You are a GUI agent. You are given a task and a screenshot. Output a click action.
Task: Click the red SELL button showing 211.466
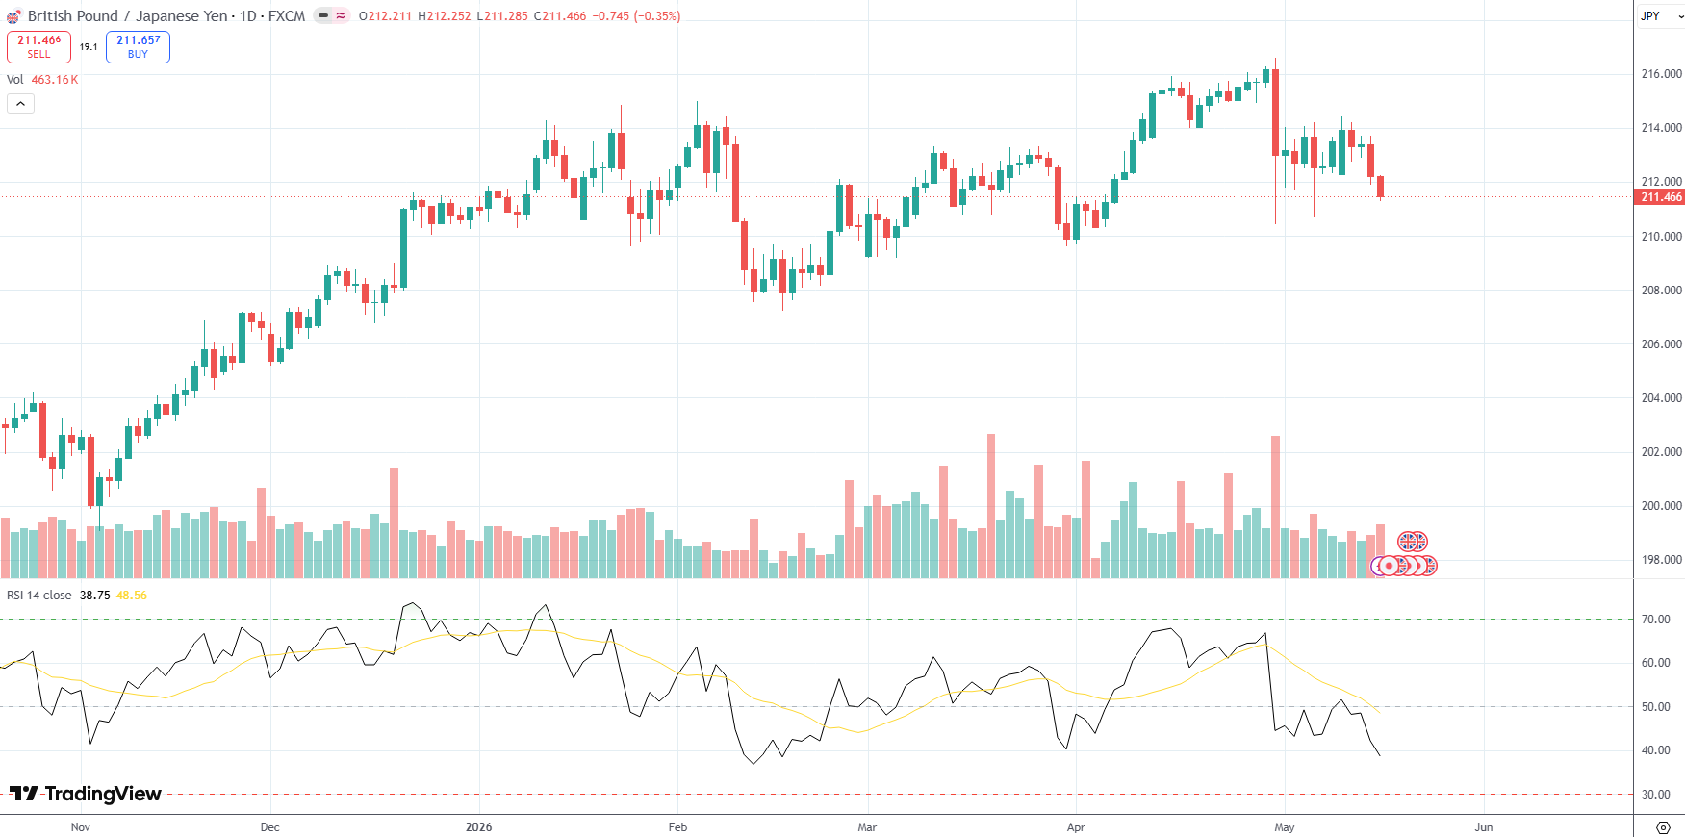coord(38,47)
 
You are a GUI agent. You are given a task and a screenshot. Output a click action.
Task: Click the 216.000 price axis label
coord(1661,74)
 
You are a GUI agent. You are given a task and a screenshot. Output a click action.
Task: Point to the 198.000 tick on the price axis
coord(1661,560)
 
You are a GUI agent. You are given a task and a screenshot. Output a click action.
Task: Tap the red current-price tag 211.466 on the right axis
coord(1661,197)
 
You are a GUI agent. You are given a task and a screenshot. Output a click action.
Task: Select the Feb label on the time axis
coord(677,827)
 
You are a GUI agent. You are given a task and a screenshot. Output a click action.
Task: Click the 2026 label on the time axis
coord(478,827)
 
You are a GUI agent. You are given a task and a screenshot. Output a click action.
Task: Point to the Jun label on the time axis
coord(1484,827)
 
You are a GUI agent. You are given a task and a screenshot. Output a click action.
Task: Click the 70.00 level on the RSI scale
coord(1655,620)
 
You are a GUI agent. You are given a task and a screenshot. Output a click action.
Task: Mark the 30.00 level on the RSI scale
coord(1655,795)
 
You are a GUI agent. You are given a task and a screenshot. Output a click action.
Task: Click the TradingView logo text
coord(86,794)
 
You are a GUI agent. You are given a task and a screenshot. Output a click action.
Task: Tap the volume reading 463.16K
coord(55,80)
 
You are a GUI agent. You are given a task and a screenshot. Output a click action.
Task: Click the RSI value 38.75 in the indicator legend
coord(94,596)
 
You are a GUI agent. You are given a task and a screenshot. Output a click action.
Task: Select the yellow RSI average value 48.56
coord(132,596)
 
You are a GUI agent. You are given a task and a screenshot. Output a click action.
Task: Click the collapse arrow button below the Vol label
coord(20,103)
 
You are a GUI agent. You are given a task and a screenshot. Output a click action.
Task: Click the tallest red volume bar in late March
coord(991,506)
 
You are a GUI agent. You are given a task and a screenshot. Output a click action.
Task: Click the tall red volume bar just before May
coord(1276,507)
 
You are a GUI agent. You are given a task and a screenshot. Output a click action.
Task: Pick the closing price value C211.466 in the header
coord(560,16)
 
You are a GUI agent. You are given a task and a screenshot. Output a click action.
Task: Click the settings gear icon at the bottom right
coord(1663,827)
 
